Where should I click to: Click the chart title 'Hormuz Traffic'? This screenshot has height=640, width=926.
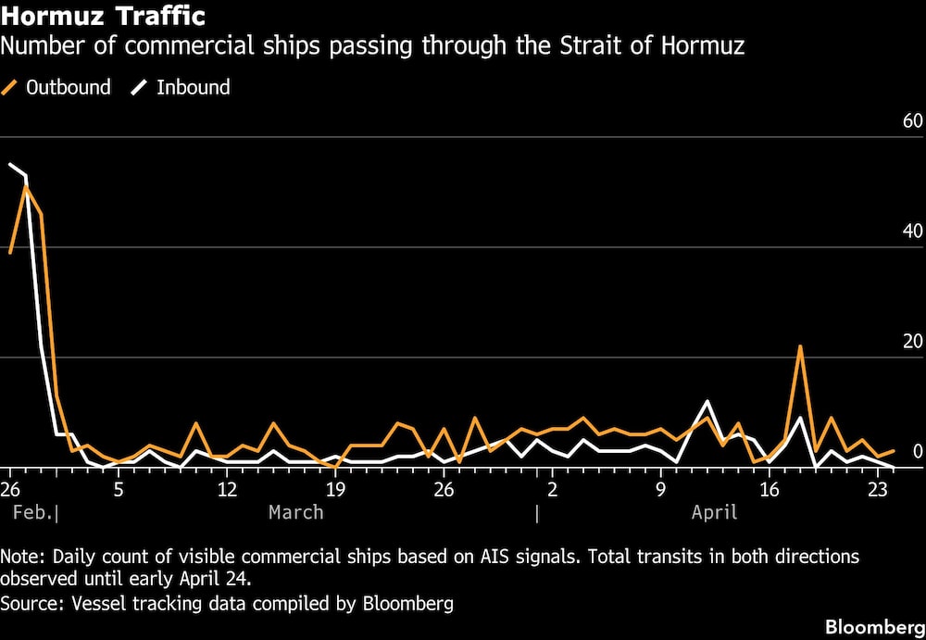(x=104, y=17)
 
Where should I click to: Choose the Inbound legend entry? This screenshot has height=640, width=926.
(x=181, y=88)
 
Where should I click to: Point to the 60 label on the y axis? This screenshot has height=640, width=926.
(x=912, y=121)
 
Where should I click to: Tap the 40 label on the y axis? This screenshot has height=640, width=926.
(x=912, y=232)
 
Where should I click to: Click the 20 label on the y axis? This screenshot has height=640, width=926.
(x=912, y=342)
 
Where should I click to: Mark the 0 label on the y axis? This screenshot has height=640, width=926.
(x=918, y=452)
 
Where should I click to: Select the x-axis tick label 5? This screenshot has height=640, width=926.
(x=119, y=489)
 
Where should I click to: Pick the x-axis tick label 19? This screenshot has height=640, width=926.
(x=335, y=489)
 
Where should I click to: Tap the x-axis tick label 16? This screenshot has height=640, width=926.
(x=769, y=489)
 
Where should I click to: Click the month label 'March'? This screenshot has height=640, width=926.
(x=296, y=512)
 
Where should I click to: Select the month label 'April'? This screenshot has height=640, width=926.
(x=715, y=512)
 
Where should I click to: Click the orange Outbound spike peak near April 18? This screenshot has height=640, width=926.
(x=800, y=346)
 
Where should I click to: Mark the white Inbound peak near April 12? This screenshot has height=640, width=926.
(x=707, y=402)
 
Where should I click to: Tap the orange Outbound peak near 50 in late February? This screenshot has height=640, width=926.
(x=26, y=186)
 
